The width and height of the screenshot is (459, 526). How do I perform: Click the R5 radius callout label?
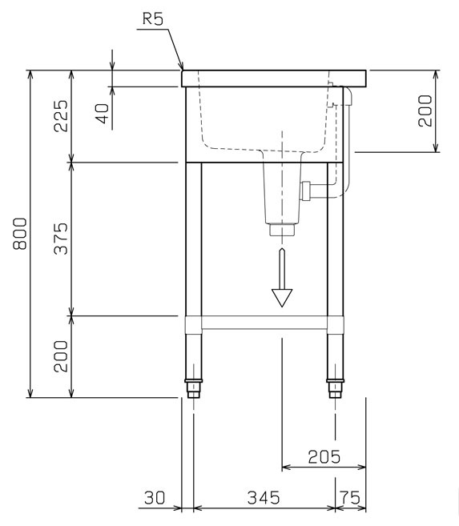click(153, 18)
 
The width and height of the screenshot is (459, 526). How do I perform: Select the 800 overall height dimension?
click(20, 234)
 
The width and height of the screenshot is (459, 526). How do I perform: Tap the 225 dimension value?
click(61, 116)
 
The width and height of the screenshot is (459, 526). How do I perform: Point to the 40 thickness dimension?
click(103, 114)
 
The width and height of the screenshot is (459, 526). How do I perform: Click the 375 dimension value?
click(61, 239)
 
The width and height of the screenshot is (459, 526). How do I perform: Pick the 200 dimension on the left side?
click(61, 356)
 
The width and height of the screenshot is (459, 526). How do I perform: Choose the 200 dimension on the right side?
click(425, 110)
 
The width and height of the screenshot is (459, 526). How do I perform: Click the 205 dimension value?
click(324, 456)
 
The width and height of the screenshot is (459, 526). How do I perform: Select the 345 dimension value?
click(264, 498)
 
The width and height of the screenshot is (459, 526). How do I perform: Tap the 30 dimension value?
click(155, 498)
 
